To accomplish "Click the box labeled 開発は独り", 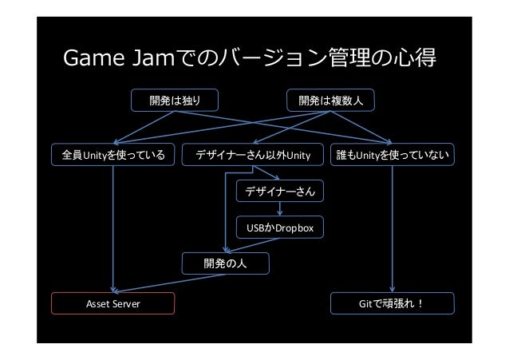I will (175, 101).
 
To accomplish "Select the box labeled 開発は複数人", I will (330, 101).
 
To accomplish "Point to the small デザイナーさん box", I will (280, 192).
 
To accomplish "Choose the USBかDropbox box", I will (280, 229).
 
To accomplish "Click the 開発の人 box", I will (226, 263).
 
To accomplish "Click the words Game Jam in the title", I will (112, 59).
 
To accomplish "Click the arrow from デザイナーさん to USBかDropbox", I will (280, 210).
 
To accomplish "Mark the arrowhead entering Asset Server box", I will (115, 291).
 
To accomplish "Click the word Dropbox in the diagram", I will (296, 229).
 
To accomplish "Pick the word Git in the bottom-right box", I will (369, 304).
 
